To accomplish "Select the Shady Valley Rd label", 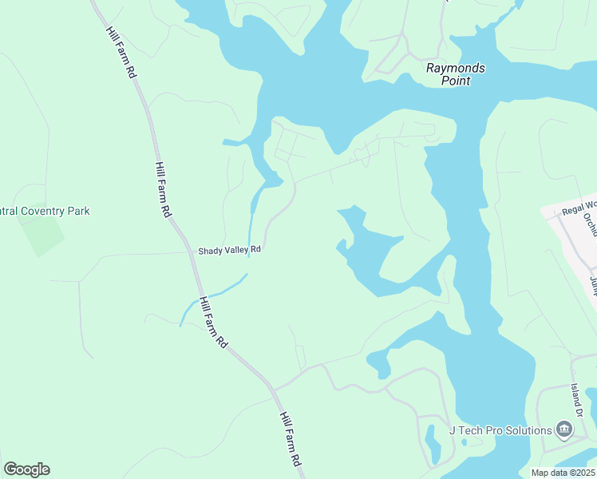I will click(230, 250).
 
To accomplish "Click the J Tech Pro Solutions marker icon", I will click(564, 430).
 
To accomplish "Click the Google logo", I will click(26, 469).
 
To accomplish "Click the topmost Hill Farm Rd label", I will click(121, 51).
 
